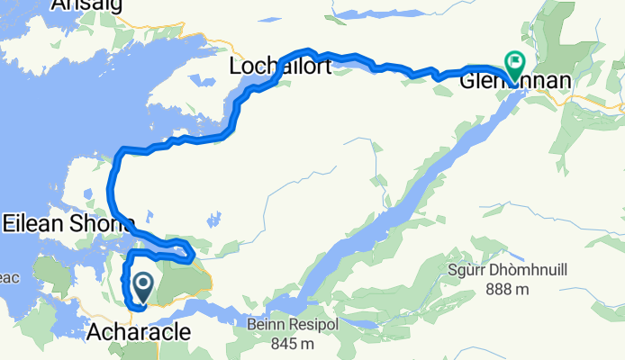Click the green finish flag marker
pyautogui.click(x=516, y=64)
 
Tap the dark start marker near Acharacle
pyautogui.click(x=142, y=287)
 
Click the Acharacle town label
pyautogui.click(x=139, y=332)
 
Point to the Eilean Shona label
pyautogui.click(x=68, y=221)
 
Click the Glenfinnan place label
pyautogui.click(x=514, y=82)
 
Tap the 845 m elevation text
pyautogui.click(x=290, y=343)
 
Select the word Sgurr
pyautogui.click(x=466, y=271)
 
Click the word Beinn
pyautogui.click(x=260, y=325)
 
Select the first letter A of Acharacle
pyautogui.click(x=94, y=332)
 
